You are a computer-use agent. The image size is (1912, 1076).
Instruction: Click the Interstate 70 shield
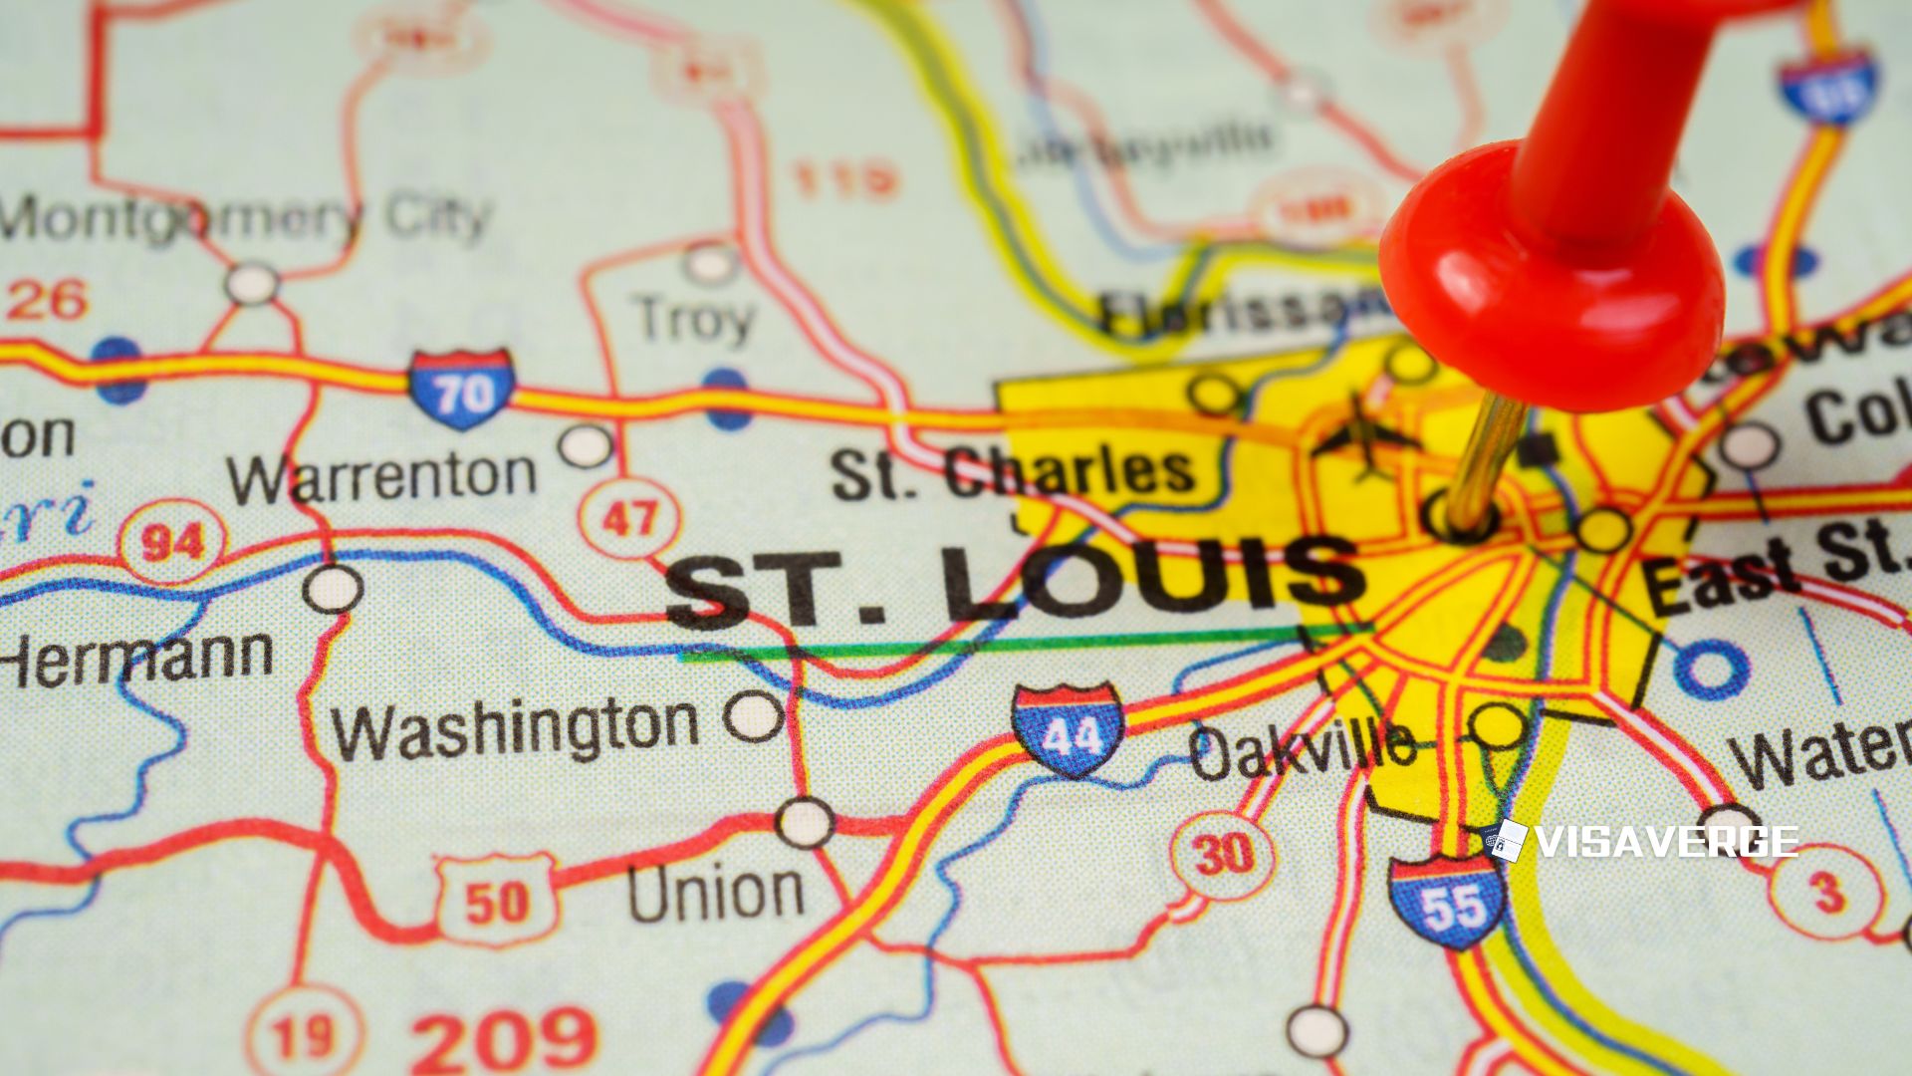point(461,389)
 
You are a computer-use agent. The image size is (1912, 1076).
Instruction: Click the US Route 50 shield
point(496,900)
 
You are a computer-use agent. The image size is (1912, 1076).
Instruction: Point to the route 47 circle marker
point(629,517)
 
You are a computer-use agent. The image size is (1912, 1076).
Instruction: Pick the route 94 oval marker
point(172,541)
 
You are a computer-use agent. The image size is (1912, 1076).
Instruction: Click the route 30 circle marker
point(1222,854)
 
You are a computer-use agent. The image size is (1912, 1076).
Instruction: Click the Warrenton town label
point(381,476)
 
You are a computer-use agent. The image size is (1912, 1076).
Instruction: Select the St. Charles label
point(1013,472)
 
